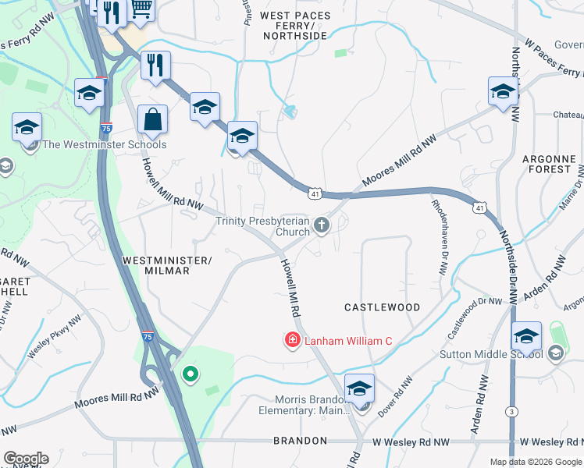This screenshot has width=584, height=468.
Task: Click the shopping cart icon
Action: (141, 9)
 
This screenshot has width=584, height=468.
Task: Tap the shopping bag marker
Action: (152, 120)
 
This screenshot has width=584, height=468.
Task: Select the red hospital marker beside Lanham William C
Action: (292, 341)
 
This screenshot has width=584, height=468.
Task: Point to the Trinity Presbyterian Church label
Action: (262, 226)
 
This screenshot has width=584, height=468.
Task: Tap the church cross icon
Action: (321, 226)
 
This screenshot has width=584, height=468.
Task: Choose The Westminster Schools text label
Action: (104, 144)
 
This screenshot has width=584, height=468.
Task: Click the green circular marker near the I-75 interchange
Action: (189, 375)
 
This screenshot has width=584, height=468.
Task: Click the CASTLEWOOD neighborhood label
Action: (383, 307)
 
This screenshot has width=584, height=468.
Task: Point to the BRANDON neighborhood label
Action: (300, 441)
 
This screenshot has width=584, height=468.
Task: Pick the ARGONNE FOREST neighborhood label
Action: (547, 164)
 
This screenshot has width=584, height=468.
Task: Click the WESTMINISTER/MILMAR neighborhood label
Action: (156, 264)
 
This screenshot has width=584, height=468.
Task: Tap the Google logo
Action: (26, 459)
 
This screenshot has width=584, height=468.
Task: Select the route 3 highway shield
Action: (511, 411)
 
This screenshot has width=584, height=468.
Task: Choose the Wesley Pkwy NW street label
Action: (55, 342)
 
